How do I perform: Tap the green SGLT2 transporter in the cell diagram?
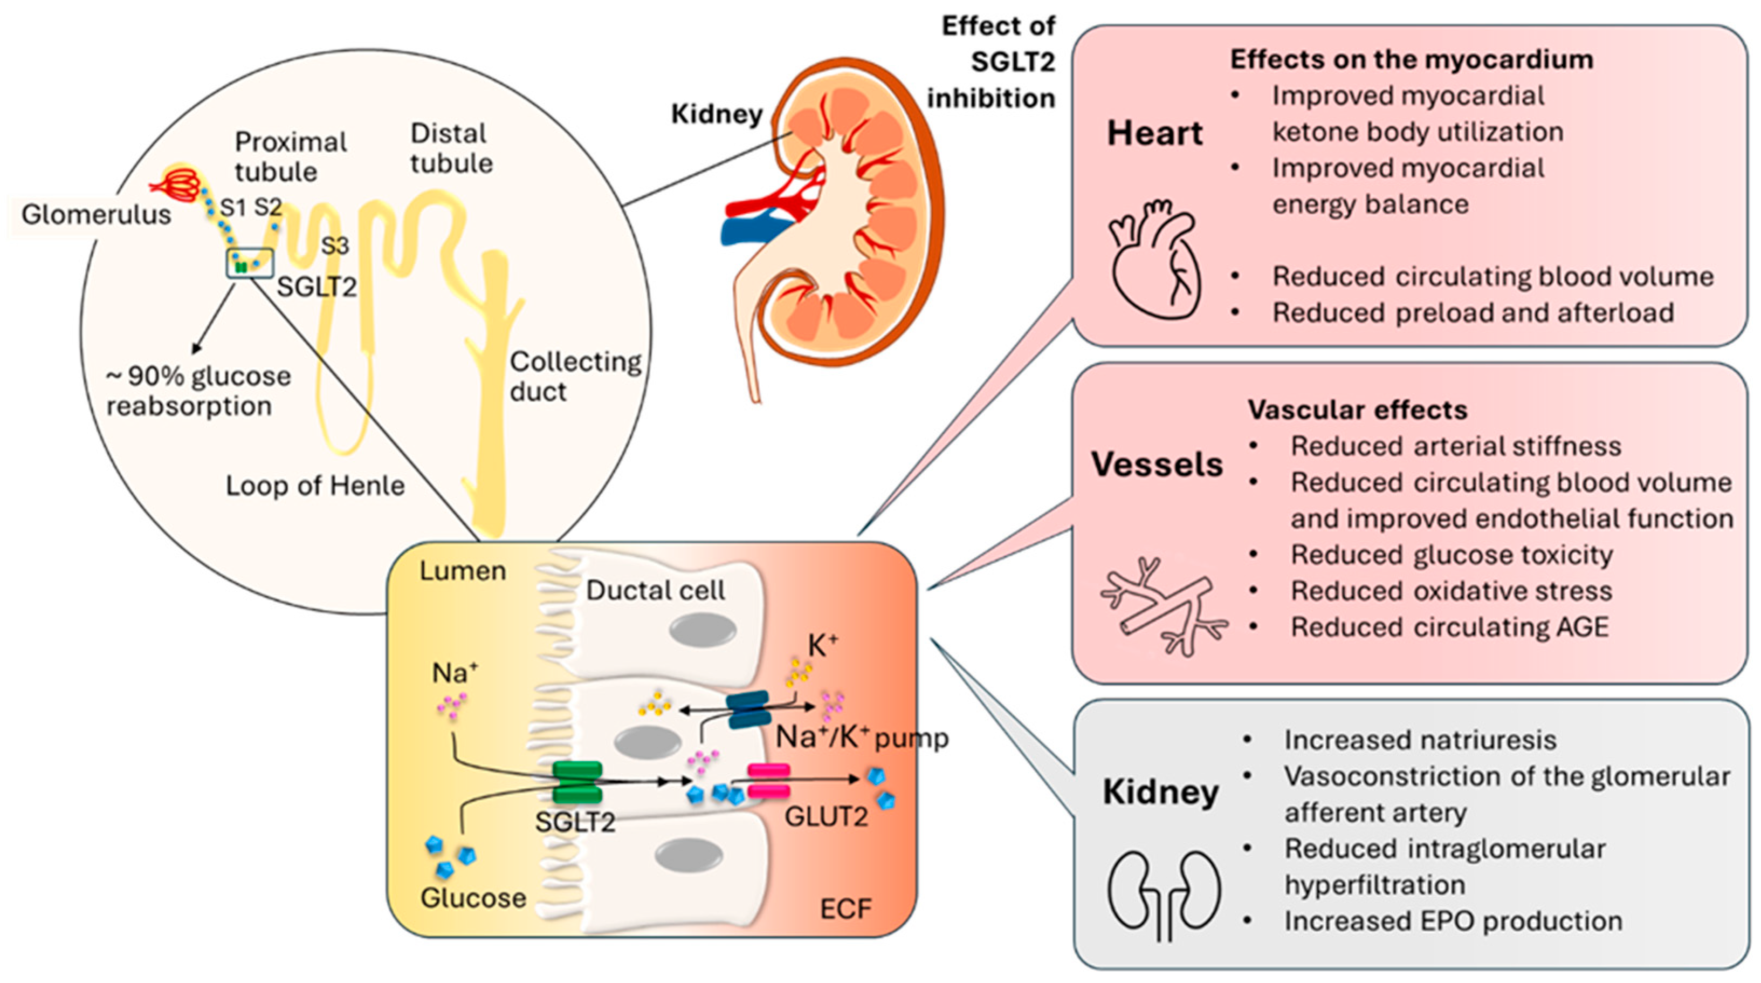[x=577, y=782]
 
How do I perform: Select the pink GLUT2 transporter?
[x=769, y=781]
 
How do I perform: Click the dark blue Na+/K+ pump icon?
[x=747, y=709]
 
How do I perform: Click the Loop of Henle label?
[x=315, y=486]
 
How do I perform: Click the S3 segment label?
[x=334, y=245]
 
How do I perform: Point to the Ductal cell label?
[x=655, y=591]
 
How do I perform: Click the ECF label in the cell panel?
[x=845, y=909]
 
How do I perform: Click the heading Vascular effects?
[x=1358, y=409]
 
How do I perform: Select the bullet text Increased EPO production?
[x=1453, y=921]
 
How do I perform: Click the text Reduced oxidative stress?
[x=1450, y=591]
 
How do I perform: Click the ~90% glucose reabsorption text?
[x=198, y=391]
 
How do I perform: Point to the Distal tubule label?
[x=451, y=148]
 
